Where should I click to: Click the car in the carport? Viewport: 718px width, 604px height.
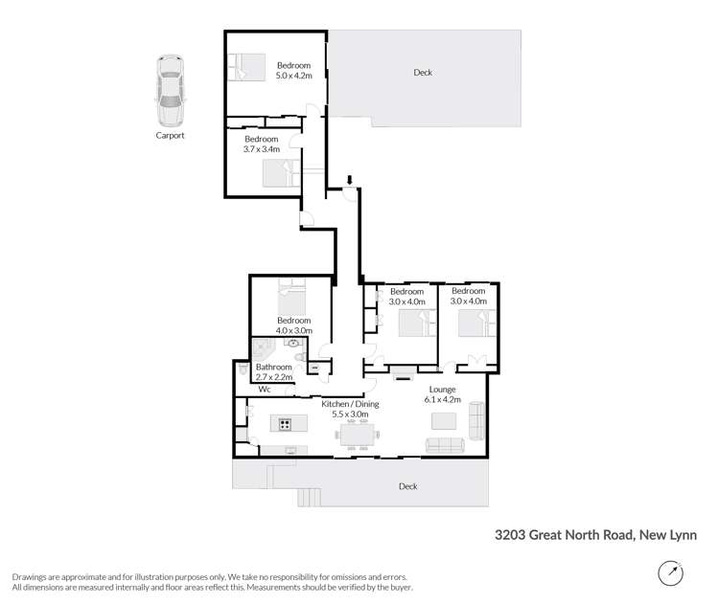pos(170,91)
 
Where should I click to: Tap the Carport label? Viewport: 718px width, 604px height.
pos(170,136)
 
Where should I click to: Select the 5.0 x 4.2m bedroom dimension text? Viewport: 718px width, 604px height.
pos(293,75)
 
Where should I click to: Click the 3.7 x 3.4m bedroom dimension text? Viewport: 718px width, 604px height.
pos(261,149)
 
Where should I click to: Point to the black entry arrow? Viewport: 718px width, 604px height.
pos(350,180)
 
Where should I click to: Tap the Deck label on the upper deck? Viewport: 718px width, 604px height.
pos(422,73)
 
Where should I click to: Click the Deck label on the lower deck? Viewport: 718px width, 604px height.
pos(408,486)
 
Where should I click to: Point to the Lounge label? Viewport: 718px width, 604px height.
pos(442,390)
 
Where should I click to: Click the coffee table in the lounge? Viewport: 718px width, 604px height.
pos(444,420)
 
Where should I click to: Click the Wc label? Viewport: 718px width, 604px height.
pos(265,390)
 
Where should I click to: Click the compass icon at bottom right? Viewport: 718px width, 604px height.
pos(671,574)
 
